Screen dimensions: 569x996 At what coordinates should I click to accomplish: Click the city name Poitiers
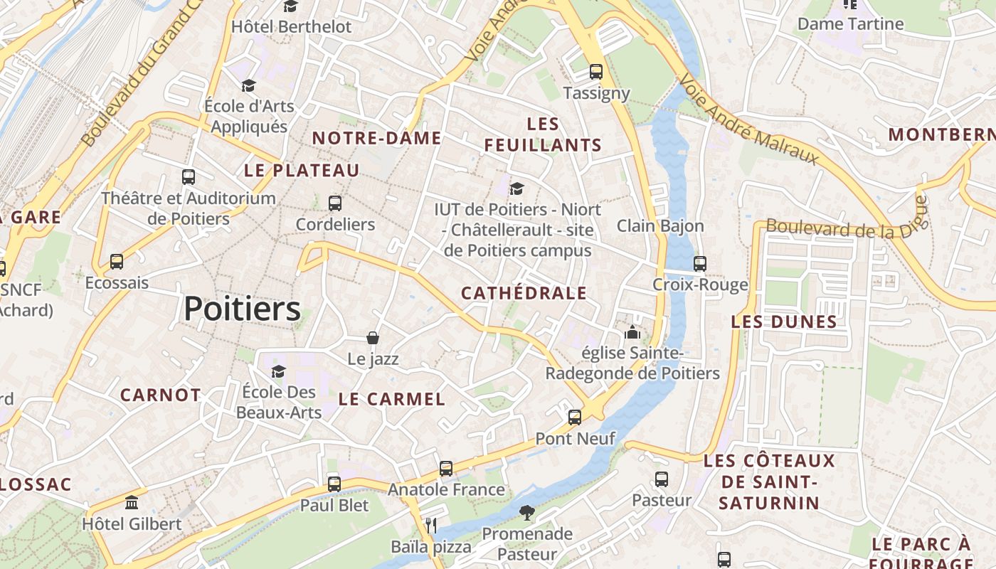242,309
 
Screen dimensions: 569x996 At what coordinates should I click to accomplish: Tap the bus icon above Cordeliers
335,203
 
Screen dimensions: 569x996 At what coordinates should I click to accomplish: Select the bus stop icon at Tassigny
596,72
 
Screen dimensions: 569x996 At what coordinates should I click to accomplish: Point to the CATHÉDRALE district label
524,293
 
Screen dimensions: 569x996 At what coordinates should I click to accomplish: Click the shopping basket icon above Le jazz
372,338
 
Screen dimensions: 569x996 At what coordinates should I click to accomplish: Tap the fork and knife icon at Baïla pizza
430,526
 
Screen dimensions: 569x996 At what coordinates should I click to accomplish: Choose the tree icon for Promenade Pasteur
526,512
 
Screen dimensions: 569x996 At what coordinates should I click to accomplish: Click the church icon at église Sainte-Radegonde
632,332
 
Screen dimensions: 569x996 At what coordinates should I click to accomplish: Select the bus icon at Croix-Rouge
700,264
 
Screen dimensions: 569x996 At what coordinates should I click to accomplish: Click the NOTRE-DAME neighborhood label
376,138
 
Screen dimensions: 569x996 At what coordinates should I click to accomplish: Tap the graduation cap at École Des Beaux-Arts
278,371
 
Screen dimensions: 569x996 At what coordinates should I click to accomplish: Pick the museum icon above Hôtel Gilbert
132,503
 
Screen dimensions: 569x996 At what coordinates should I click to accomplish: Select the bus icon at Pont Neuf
575,418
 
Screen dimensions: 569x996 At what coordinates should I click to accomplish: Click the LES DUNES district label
784,321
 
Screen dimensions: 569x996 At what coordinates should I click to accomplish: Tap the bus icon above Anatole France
446,469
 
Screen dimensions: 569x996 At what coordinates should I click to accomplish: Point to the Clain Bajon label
660,226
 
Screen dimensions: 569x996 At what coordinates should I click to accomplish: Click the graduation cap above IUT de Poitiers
517,188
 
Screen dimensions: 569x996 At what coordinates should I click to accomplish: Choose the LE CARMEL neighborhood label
391,399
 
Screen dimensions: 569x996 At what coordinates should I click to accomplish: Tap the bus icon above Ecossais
117,262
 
